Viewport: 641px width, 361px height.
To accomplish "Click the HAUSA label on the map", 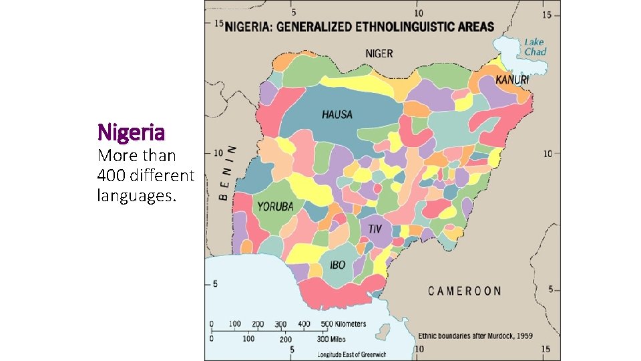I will [337, 114].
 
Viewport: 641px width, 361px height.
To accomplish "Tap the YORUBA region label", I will [276, 207].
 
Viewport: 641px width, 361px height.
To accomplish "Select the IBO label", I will [338, 265].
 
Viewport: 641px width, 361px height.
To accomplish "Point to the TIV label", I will [375, 229].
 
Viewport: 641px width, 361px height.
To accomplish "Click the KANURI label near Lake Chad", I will [512, 80].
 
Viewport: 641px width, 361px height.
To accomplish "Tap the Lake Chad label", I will [535, 47].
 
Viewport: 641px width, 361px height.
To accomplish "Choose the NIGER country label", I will [379, 53].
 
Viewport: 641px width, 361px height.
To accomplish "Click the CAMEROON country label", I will [465, 290].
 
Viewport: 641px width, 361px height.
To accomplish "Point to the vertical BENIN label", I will [227, 172].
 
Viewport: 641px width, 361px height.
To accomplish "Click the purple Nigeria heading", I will [131, 130].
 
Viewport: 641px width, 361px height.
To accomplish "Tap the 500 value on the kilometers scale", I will [326, 324].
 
